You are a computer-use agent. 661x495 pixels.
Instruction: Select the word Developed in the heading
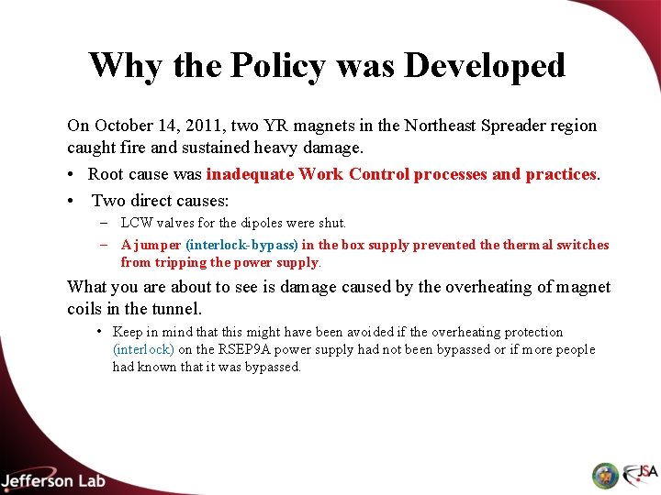[485, 66]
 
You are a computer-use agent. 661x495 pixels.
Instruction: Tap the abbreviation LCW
[137, 223]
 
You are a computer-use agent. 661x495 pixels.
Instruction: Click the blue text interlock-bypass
[242, 245]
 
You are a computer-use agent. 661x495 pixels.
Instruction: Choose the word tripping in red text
[183, 262]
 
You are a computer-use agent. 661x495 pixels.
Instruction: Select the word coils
[86, 309]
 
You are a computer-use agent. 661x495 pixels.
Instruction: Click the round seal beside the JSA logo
[605, 476]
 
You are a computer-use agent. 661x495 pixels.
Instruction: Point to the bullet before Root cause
[72, 174]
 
